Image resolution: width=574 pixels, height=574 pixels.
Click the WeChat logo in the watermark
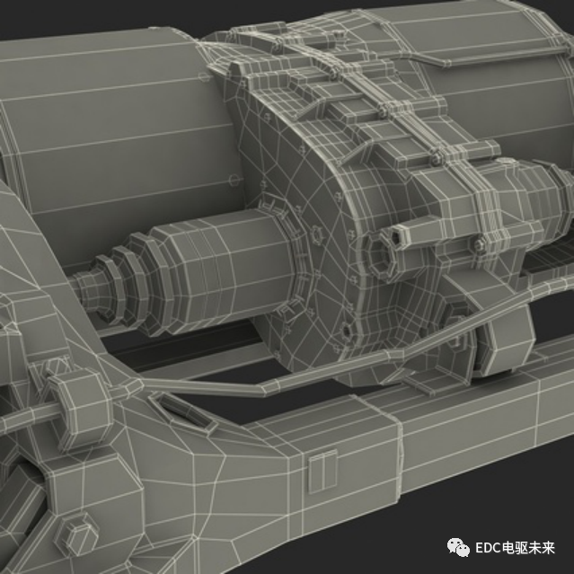point(458,548)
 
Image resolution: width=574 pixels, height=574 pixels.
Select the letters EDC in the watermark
point(488,548)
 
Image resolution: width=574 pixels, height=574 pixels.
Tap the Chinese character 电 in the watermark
point(508,548)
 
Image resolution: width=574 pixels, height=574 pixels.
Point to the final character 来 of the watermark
point(548,548)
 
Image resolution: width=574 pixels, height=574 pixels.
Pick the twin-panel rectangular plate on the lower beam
point(322,472)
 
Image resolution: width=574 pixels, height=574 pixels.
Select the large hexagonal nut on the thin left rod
point(81,407)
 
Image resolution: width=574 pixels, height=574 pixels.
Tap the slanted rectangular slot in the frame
point(183,411)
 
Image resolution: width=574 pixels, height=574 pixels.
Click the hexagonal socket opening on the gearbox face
point(380,257)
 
